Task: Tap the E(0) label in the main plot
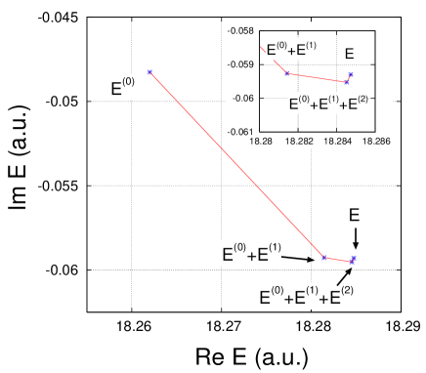click(x=123, y=89)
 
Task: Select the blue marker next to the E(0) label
click(x=149, y=72)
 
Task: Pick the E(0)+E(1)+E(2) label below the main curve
click(x=307, y=296)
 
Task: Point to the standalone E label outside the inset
click(x=355, y=215)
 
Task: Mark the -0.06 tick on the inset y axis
click(x=243, y=98)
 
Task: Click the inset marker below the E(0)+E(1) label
click(x=286, y=73)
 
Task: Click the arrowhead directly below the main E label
click(x=356, y=244)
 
